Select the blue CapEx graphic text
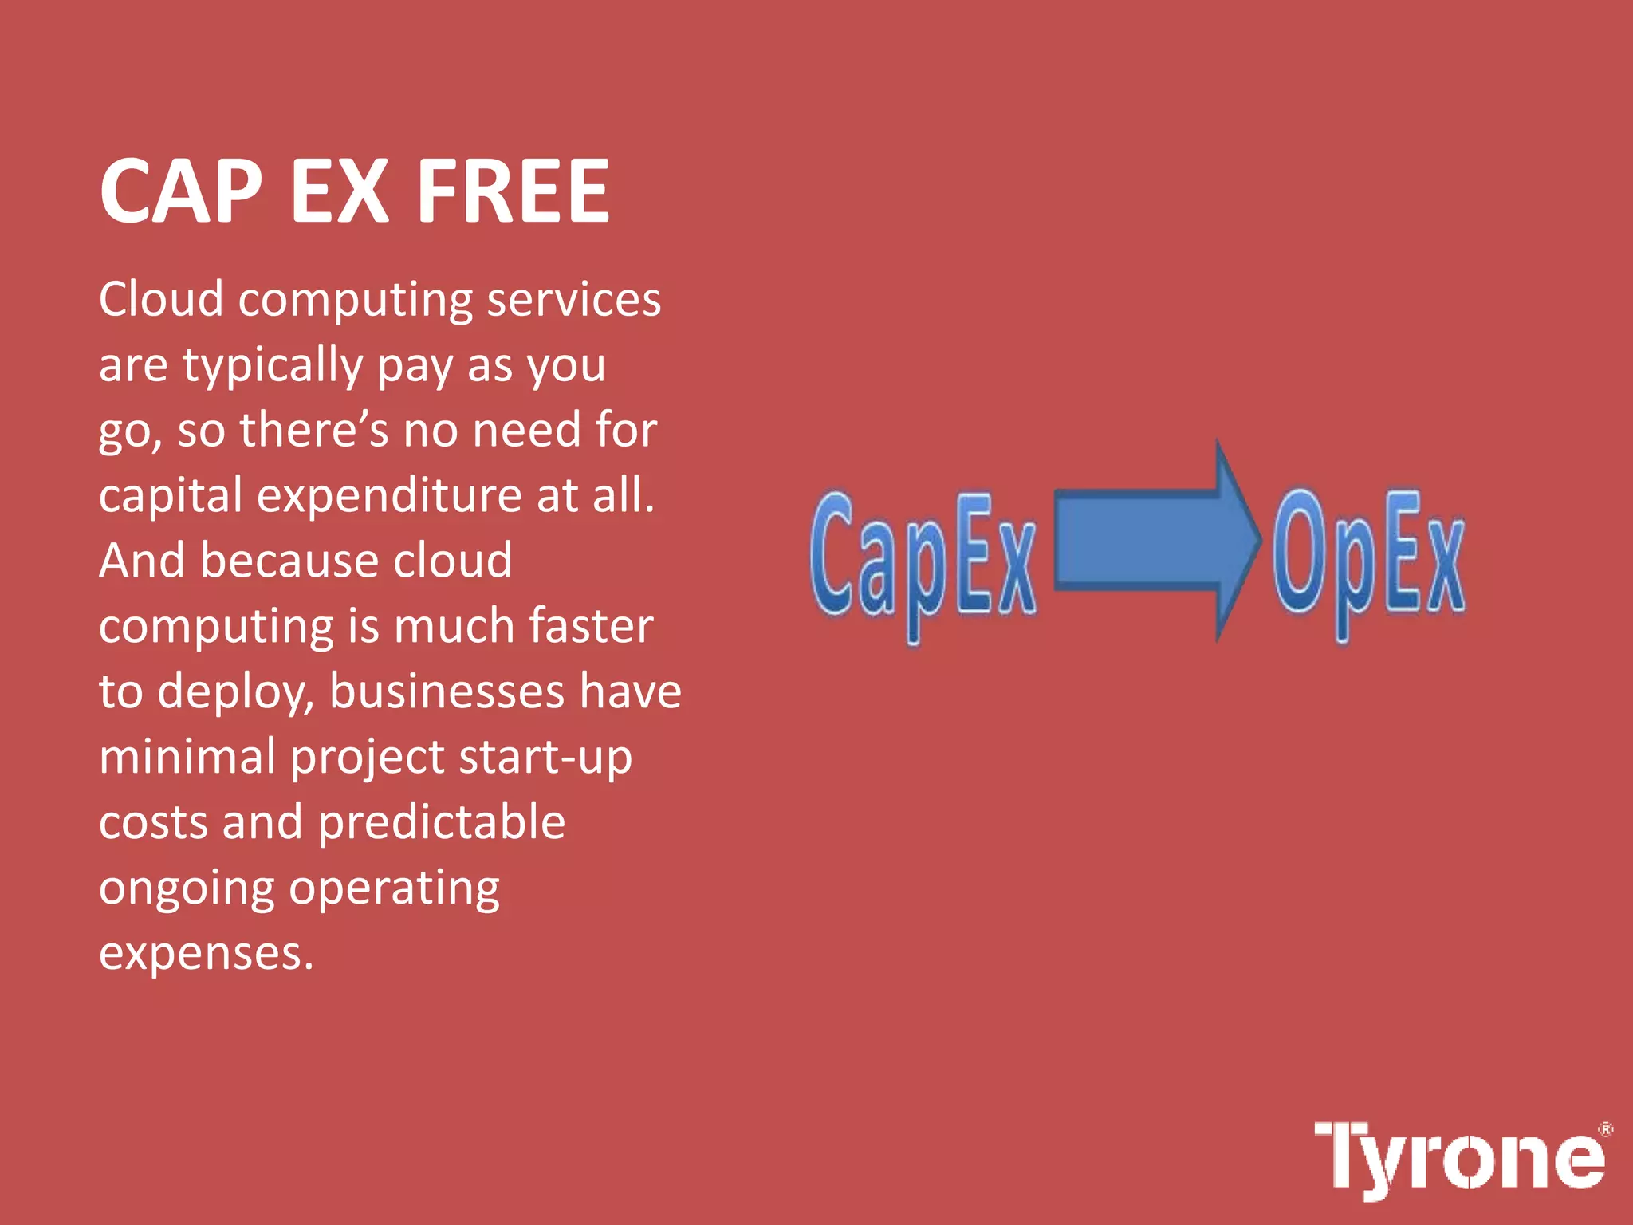point(923,558)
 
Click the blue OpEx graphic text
point(1367,558)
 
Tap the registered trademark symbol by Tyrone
point(1606,1129)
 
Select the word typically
point(273,367)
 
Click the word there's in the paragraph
point(314,431)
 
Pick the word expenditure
point(389,497)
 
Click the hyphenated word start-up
point(545,758)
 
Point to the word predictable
point(442,822)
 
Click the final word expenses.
point(206,954)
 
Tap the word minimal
point(187,757)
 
